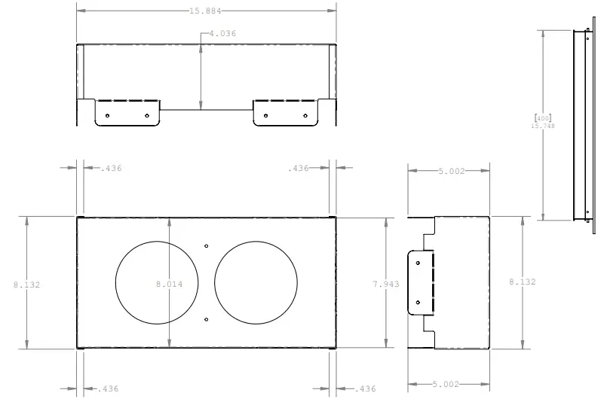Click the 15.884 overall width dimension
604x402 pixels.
click(x=206, y=11)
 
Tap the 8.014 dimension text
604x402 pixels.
click(x=169, y=285)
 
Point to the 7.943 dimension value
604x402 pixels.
click(x=386, y=284)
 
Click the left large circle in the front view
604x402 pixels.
click(x=157, y=283)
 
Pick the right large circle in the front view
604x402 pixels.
click(x=256, y=283)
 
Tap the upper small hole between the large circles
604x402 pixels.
click(x=207, y=245)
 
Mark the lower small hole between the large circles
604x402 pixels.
click(x=207, y=320)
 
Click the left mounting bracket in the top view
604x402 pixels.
click(x=127, y=112)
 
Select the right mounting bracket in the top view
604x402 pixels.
click(x=285, y=112)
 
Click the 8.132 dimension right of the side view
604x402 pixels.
click(x=522, y=282)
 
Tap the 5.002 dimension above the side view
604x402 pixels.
click(x=452, y=171)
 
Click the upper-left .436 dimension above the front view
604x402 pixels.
click(x=111, y=168)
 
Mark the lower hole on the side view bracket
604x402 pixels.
click(x=418, y=303)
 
